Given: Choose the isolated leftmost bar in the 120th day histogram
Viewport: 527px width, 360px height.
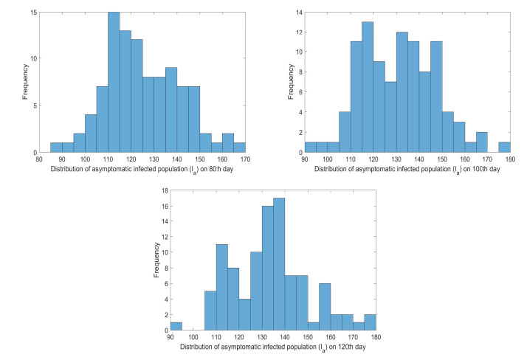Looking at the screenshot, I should point(176,326).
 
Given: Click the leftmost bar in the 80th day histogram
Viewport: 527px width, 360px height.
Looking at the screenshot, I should point(56,148).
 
